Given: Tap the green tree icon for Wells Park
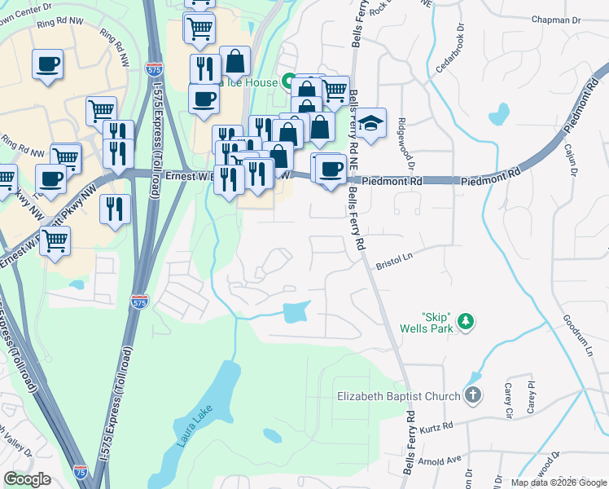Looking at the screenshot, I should pos(466,322).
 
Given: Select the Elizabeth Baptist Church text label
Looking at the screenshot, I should pos(399,397).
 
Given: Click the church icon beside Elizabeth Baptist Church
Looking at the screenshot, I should pos(473,396).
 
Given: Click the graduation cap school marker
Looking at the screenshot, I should pos(370,124).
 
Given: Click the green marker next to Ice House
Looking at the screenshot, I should pos(288,81).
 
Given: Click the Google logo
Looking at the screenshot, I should pos(28,479).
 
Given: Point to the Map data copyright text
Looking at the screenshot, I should pos(558,482).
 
